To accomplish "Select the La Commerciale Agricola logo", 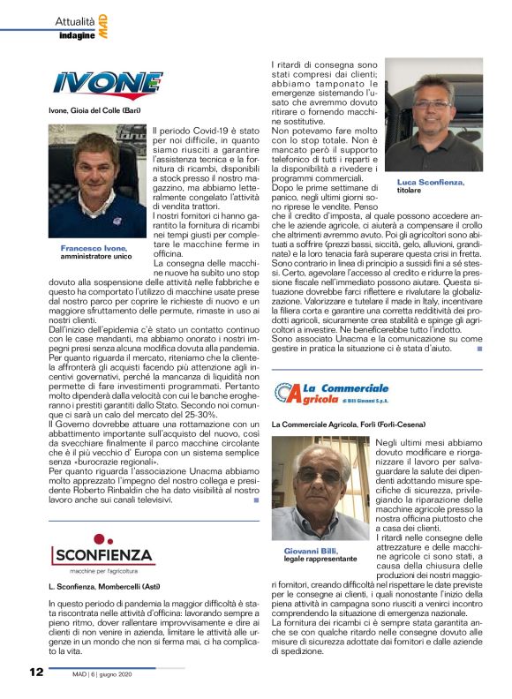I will pyautogui.click(x=332, y=394).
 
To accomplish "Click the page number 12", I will pyautogui.click(x=34, y=672).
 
